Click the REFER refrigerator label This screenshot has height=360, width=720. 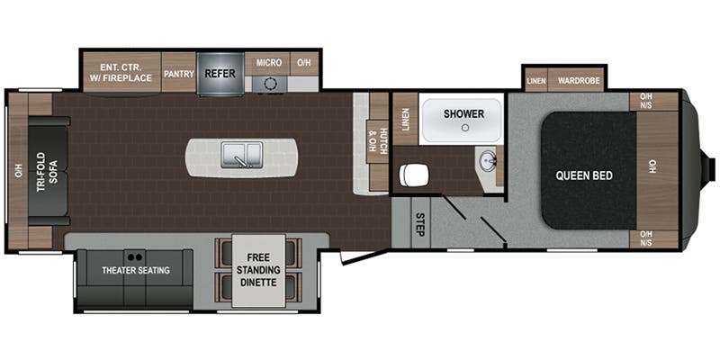coord(220,74)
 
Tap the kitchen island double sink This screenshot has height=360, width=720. coord(242,154)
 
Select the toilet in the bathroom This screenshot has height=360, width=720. coord(414,175)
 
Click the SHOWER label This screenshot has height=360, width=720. coord(463,114)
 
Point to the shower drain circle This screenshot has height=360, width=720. coord(465,128)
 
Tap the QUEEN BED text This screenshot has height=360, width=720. coord(584,175)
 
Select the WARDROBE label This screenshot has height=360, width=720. coord(579,81)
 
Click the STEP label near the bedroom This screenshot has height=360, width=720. coord(419,224)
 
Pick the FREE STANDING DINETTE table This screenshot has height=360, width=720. coord(258,271)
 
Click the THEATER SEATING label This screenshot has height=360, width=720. coord(136,270)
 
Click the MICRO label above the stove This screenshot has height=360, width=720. coord(269,62)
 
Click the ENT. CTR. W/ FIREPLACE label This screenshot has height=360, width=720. coord(121,72)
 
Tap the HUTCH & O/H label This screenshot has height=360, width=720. coord(374,141)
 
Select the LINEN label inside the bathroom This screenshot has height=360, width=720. coord(406,120)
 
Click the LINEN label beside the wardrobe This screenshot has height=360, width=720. coord(536,81)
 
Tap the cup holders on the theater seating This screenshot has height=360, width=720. coord(134,257)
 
